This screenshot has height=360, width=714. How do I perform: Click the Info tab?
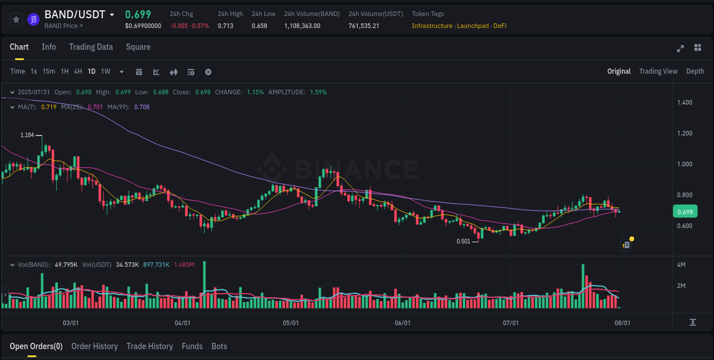click(49, 47)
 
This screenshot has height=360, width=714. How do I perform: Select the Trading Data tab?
click(91, 47)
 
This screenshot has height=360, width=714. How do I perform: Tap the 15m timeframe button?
click(49, 71)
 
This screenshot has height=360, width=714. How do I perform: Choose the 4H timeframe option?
click(78, 71)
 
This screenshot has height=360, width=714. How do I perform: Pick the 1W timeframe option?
click(106, 71)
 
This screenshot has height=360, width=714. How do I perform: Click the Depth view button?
click(695, 71)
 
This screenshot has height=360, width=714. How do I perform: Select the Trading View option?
click(658, 71)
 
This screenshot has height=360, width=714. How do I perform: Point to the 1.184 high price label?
click(27, 135)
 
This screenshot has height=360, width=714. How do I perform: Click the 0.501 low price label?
click(463, 241)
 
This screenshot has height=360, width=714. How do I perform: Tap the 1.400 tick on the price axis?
click(684, 103)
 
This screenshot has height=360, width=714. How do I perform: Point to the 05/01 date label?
click(291, 323)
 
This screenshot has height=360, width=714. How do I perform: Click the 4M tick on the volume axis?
click(681, 265)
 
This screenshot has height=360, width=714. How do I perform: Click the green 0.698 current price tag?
click(684, 212)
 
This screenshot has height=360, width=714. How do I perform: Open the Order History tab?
click(94, 346)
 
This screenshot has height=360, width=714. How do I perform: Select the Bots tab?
click(219, 346)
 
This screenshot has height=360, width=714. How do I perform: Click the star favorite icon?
click(16, 19)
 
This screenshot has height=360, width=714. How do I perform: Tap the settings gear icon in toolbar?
click(208, 72)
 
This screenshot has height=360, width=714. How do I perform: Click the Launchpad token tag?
click(472, 26)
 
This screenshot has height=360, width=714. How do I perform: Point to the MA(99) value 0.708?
click(142, 107)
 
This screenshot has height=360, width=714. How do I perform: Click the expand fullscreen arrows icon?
click(680, 48)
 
